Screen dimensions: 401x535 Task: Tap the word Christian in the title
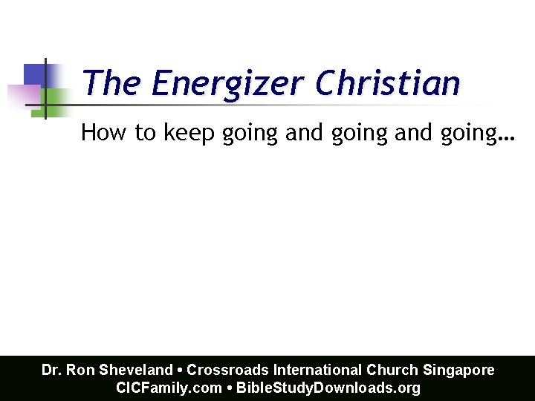[387, 83]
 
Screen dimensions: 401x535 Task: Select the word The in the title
[111, 83]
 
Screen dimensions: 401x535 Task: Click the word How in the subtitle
[98, 133]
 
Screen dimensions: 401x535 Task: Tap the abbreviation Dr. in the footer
[51, 370]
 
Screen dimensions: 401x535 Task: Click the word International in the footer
[319, 370]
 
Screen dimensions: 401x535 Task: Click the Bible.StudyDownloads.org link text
[328, 388]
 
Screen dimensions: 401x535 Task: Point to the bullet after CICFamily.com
[230, 388]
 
